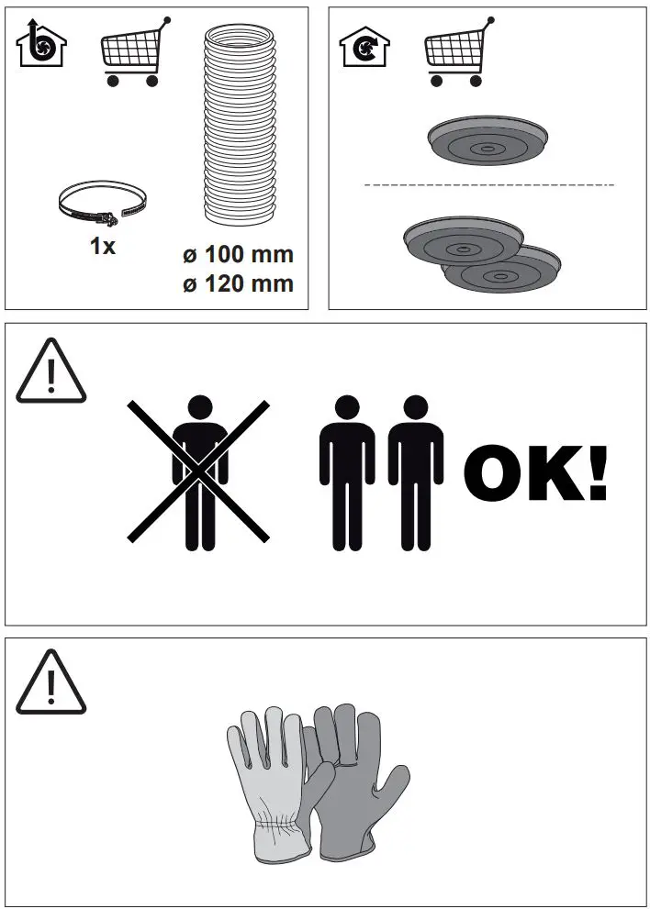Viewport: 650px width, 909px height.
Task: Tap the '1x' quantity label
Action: tap(103, 247)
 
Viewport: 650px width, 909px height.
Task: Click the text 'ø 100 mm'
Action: tap(238, 254)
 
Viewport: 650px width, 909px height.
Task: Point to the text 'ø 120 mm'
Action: tap(238, 283)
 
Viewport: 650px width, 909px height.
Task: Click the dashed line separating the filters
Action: tap(488, 185)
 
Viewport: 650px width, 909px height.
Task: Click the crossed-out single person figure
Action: tap(198, 471)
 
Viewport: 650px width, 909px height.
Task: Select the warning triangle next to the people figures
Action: tap(51, 371)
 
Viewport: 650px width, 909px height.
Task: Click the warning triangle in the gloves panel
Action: tap(51, 682)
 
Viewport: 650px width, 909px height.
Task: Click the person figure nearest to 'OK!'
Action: tap(416, 471)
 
